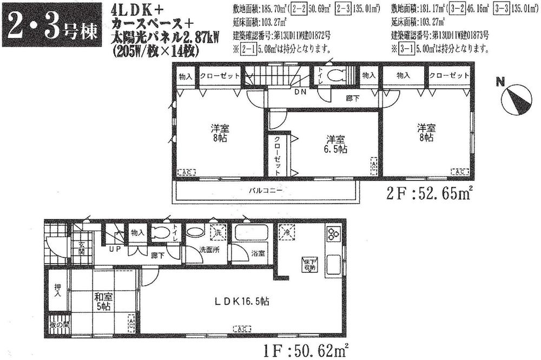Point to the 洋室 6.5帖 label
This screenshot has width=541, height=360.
click(x=336, y=143)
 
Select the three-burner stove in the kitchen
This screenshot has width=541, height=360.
click(x=332, y=234)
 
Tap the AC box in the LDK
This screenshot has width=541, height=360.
click(x=241, y=329)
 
